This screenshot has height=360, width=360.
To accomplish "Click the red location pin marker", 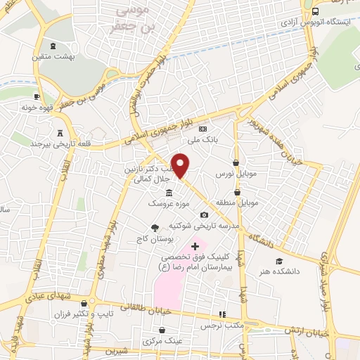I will coord(181,165).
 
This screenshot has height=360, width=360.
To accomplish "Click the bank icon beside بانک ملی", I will coord(202,129).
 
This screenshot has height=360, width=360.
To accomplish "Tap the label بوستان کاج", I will coord(154,238).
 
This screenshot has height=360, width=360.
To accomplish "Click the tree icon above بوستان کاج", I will coord(155,227).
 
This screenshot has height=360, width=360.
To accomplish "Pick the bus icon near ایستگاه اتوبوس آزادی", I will coord(316,13).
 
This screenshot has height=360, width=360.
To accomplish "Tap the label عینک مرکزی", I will coord(162,341).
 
